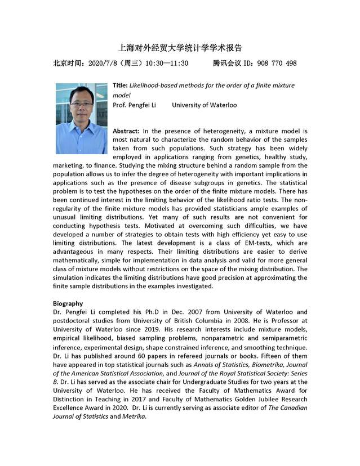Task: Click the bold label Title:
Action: (x=120, y=85)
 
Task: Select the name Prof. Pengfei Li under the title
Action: (x=134, y=105)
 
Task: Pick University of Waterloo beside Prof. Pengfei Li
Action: (x=204, y=105)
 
